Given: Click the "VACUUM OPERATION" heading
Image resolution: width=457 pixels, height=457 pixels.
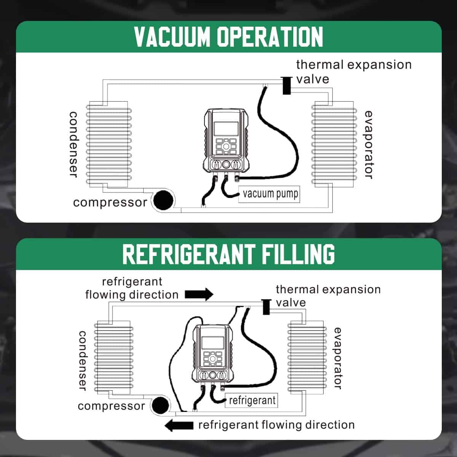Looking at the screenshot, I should tap(228, 37).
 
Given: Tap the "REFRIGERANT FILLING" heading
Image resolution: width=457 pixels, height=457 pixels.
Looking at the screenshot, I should tap(228, 254).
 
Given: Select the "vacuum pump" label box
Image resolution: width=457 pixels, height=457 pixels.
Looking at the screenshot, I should tap(270, 194).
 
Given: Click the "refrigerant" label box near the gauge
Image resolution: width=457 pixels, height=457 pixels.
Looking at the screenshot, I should tap(252, 401).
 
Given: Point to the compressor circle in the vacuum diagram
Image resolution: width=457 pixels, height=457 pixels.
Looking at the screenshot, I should tap(163, 200).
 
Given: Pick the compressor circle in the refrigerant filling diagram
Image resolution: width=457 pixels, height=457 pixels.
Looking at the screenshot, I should tap(160, 406).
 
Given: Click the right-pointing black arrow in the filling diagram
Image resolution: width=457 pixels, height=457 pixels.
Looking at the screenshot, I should tap(199, 294).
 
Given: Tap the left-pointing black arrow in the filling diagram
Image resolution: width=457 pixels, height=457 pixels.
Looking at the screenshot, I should tap(179, 425).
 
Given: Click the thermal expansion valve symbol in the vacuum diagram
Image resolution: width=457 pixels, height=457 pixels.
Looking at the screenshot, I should tap(286, 85).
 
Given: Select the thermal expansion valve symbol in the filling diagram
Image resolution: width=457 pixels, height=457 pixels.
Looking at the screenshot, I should tap(266, 307).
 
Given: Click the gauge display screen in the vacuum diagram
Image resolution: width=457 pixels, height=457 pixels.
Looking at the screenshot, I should tap(226, 129).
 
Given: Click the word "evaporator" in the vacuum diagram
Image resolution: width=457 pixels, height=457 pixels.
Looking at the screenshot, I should tap(368, 145).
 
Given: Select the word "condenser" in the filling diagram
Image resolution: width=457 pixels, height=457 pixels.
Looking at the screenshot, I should tap(83, 360).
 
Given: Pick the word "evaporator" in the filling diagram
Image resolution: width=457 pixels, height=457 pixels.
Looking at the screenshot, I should tap(338, 358).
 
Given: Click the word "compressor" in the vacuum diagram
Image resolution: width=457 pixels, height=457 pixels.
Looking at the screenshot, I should tap(110, 202).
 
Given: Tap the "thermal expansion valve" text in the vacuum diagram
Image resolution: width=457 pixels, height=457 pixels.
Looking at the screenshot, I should tap(353, 72).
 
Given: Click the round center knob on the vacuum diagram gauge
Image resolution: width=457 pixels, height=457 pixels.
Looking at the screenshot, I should tap(226, 165).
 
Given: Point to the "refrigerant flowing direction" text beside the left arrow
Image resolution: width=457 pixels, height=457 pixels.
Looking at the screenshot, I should tap(276, 425).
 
